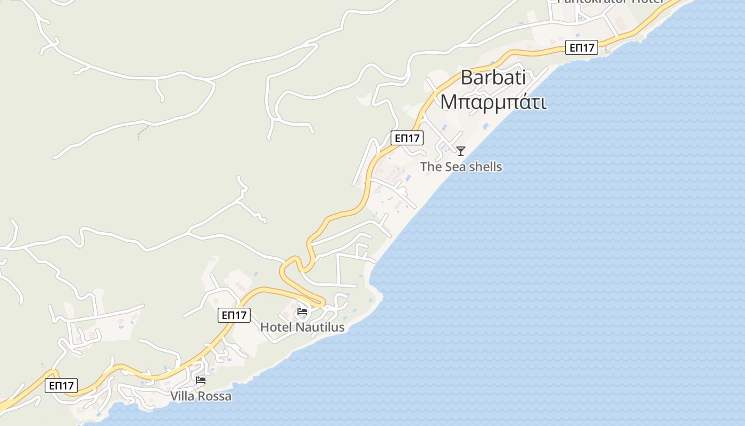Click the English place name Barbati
coord(493,78)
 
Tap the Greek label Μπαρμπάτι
coord(493,102)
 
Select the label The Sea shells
coord(461,167)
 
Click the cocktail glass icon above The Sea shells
coord(461,151)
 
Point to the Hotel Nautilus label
coord(302,327)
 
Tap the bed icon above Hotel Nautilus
coord(302,312)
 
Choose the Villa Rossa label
coord(201,396)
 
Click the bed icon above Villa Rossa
coord(201,380)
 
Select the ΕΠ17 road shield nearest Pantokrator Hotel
coord(582,48)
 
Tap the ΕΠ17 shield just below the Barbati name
coord(407,138)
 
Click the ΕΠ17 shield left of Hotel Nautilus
coord(234,315)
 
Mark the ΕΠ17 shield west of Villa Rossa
coord(61,386)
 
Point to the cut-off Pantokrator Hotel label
coord(610,2)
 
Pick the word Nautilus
coord(320,327)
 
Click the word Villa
coord(183,396)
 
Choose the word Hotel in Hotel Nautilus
coord(276,327)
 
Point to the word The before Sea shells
coord(431,167)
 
